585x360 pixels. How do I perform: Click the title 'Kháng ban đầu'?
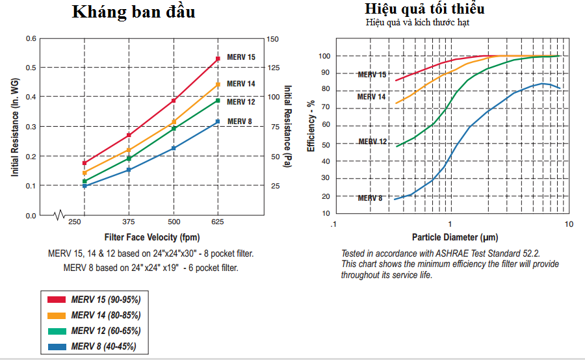[x=133, y=12]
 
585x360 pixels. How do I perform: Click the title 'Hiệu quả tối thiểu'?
[x=424, y=9]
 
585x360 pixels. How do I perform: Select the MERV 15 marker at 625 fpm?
[x=218, y=59]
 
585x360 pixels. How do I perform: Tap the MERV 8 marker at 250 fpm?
[x=84, y=186]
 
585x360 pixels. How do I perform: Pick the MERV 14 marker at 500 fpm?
[x=174, y=122]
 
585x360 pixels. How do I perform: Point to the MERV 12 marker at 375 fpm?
[x=129, y=158]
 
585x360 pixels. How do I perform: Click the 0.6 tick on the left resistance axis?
[x=31, y=39]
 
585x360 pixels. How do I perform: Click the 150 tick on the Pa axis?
[x=273, y=39]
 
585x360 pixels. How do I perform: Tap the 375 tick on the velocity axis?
[x=129, y=222]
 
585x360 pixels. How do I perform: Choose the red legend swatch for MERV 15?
[x=57, y=300]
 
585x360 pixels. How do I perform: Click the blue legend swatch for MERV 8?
[x=57, y=346]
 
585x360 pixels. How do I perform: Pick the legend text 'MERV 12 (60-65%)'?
[x=106, y=331]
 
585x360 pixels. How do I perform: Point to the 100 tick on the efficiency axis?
[x=324, y=56]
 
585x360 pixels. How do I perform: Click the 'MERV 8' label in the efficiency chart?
[x=370, y=198]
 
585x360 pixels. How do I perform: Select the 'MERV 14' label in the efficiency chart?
[x=372, y=97]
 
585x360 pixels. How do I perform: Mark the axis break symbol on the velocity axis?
[x=60, y=214]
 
